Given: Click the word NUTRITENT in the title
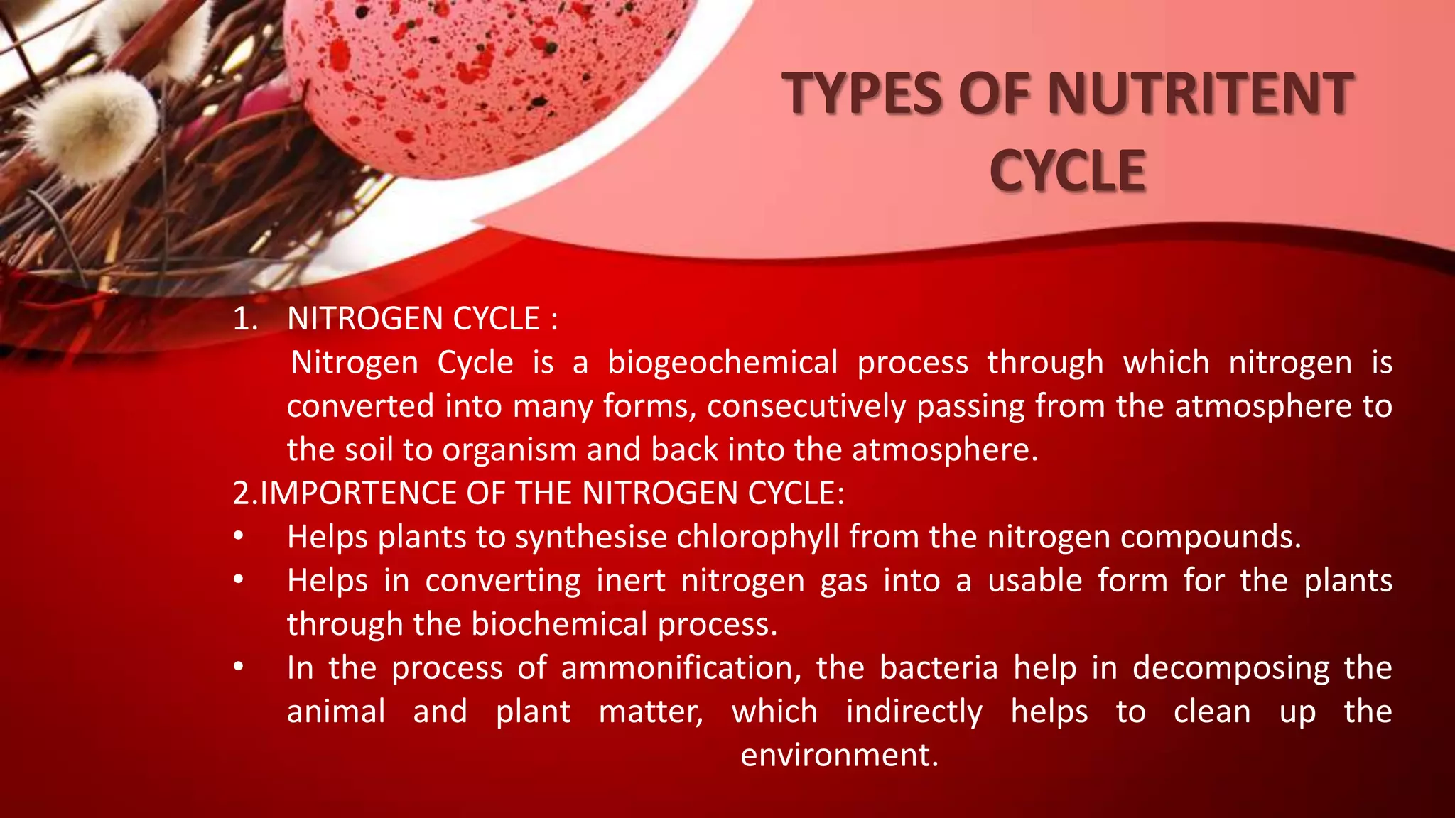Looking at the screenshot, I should click(1200, 93).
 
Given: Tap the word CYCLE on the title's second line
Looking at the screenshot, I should click(1067, 171).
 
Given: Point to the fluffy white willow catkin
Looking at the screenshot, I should click(92, 124).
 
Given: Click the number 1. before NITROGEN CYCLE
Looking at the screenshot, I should click(245, 319).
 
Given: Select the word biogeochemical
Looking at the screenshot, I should click(723, 363).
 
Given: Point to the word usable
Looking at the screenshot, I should click(1035, 581).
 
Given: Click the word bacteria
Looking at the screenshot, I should click(939, 668).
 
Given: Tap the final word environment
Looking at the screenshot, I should click(839, 755).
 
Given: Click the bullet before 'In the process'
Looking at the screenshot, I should click(239, 667).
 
